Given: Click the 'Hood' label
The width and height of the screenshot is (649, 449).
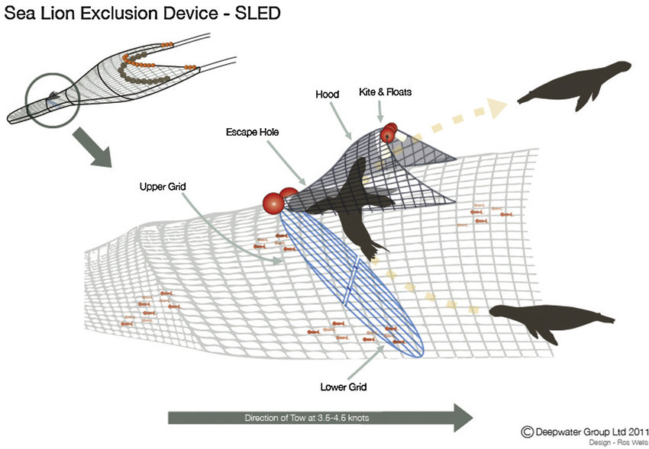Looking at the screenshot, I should pos(327,95).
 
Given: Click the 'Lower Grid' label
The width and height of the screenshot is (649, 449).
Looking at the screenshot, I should pos(343,387).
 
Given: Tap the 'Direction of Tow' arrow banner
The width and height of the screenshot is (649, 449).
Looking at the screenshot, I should pos(321,418).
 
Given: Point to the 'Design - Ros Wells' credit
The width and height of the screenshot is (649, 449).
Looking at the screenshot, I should pos(615,443).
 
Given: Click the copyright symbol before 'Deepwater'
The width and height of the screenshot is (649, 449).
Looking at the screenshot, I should pos(527,431).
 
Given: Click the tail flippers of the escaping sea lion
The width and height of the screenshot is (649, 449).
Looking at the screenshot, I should pos(376,249).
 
